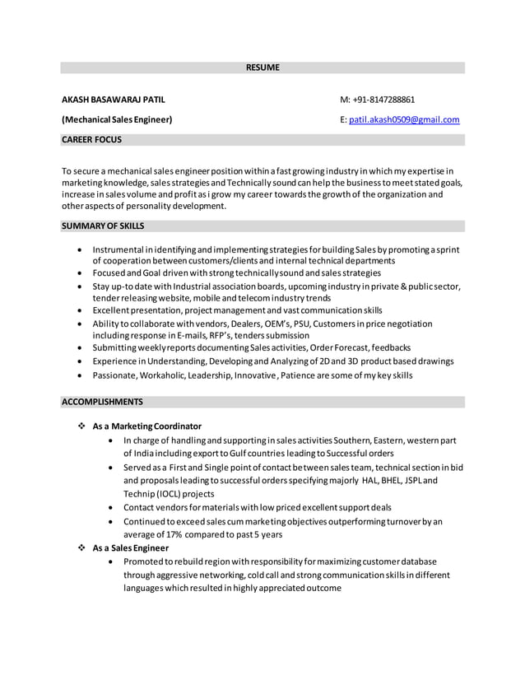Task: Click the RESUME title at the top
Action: point(262,68)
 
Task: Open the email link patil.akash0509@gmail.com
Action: point(405,120)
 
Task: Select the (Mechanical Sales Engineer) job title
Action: point(118,120)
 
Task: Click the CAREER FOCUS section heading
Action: point(92,140)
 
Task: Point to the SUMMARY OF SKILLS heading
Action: point(103,226)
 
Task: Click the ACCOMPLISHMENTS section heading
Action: point(102,402)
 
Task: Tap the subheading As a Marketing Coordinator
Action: point(147,426)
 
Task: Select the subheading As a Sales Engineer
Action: point(131,547)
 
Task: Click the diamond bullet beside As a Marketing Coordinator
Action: point(81,426)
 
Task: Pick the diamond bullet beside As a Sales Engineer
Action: point(81,547)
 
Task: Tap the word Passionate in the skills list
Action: point(114,375)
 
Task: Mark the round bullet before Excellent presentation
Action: point(78,310)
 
